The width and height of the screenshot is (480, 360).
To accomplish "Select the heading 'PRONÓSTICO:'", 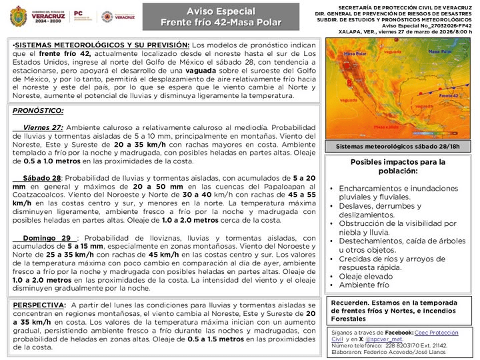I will tap(38, 111).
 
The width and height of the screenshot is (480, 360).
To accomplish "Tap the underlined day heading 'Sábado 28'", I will tap(42, 179).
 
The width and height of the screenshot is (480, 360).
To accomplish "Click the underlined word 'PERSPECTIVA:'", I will tap(39, 305).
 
